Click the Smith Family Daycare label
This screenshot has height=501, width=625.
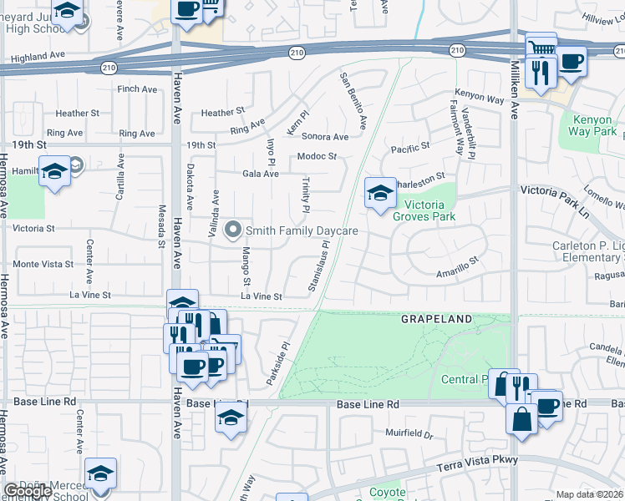(x=302, y=230)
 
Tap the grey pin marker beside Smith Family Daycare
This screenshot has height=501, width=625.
(x=235, y=229)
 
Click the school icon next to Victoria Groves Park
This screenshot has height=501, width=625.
(x=379, y=194)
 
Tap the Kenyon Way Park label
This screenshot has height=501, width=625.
(x=592, y=126)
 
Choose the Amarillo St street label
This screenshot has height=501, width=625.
(x=456, y=267)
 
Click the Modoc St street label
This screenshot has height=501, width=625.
(x=317, y=156)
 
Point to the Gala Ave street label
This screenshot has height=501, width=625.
(x=260, y=174)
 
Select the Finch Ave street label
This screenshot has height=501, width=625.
(x=138, y=89)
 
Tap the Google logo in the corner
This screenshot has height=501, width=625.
(x=28, y=491)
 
